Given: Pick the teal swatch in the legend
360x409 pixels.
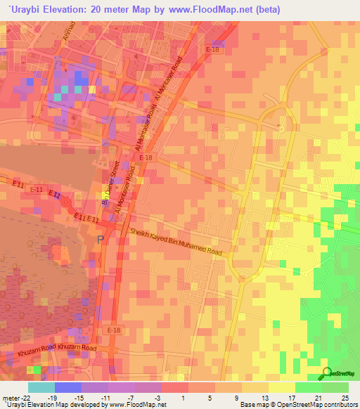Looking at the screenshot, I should coord(41,387).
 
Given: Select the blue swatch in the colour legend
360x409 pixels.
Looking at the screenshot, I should coord(67,387).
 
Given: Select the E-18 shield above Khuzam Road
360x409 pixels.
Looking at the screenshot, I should coord(115,330).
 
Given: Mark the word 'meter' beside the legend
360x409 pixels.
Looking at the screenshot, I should coord(10,397).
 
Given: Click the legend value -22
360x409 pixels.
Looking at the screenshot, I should coord(25,397).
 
